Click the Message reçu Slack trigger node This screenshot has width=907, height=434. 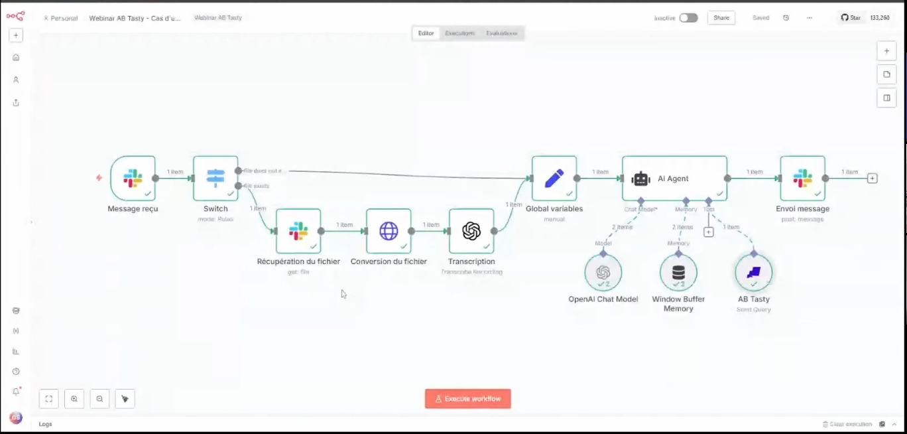pyautogui.click(x=133, y=178)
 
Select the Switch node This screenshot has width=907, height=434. pyautogui.click(x=215, y=178)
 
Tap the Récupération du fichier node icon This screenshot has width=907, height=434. pyautogui.click(x=298, y=231)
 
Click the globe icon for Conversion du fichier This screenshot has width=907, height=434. pyautogui.click(x=389, y=231)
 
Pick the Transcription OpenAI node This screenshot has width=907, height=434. pyautogui.click(x=471, y=231)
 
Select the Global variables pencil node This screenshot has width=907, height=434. pyautogui.click(x=554, y=178)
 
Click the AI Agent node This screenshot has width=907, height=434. pyautogui.click(x=674, y=178)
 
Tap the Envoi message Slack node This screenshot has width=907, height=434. pyautogui.click(x=802, y=178)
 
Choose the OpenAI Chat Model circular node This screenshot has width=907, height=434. pyautogui.click(x=603, y=272)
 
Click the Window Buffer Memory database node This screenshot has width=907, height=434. pyautogui.click(x=678, y=272)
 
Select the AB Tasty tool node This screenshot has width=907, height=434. pyautogui.click(x=754, y=272)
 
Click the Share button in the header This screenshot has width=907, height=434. pyautogui.click(x=721, y=18)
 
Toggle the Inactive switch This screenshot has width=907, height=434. pyautogui.click(x=688, y=18)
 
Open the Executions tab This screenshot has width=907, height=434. pyautogui.click(x=460, y=33)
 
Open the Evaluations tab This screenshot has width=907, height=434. pyautogui.click(x=502, y=33)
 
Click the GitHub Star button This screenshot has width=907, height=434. pyautogui.click(x=851, y=18)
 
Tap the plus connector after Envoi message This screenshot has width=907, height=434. pyautogui.click(x=873, y=178)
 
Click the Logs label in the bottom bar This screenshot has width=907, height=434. pyautogui.click(x=45, y=424)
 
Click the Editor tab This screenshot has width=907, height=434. pyautogui.click(x=426, y=33)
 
